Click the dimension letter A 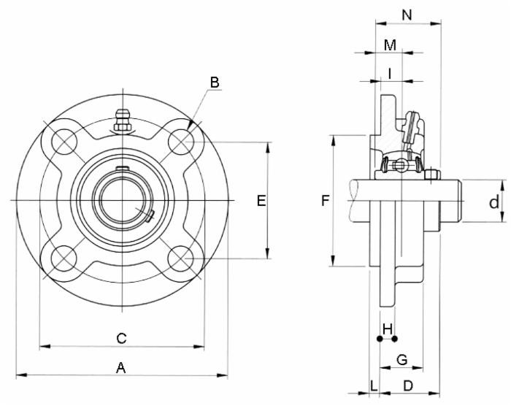tap(121, 367)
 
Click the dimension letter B tap(215, 83)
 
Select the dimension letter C tap(122, 337)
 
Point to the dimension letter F tap(326, 200)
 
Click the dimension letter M tap(390, 45)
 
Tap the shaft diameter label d tap(494, 201)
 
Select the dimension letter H tap(388, 327)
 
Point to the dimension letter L tap(374, 385)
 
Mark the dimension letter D tap(409, 385)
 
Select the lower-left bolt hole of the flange tap(62, 258)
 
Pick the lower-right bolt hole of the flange tap(180, 258)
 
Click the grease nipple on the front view tap(122, 120)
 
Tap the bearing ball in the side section tap(400, 166)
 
